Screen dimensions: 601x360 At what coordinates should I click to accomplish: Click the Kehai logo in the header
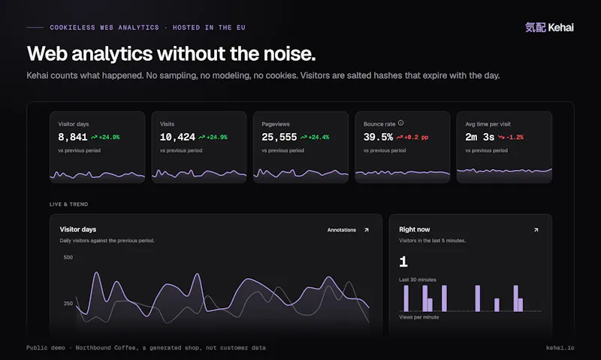pyautogui.click(x=549, y=28)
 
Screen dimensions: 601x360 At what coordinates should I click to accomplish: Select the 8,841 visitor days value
pyautogui.click(x=73, y=137)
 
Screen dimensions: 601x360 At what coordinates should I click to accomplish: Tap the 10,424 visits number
pyautogui.click(x=177, y=137)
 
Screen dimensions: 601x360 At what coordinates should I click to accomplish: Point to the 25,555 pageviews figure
pyautogui.click(x=279, y=137)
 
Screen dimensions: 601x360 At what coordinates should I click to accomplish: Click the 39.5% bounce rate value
pyautogui.click(x=379, y=137)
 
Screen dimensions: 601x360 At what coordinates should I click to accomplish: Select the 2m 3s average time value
pyautogui.click(x=480, y=137)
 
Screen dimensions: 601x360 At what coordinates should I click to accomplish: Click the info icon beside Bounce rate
pyautogui.click(x=401, y=123)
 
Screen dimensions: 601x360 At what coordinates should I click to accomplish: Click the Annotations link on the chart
pyautogui.click(x=342, y=230)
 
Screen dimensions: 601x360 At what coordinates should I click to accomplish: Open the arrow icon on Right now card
pyautogui.click(x=536, y=230)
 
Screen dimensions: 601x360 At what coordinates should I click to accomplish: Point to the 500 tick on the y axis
pyautogui.click(x=68, y=257)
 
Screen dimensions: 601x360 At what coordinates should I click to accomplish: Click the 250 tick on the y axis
pyautogui.click(x=68, y=304)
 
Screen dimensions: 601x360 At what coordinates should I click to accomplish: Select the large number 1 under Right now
pyautogui.click(x=403, y=262)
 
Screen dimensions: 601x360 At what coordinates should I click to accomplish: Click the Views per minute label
pyautogui.click(x=419, y=317)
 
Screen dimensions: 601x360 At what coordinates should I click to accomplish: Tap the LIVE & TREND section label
pyautogui.click(x=68, y=204)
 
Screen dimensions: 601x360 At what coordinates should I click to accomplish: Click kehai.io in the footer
pyautogui.click(x=560, y=348)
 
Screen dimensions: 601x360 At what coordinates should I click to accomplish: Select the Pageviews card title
pyautogui.click(x=276, y=124)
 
